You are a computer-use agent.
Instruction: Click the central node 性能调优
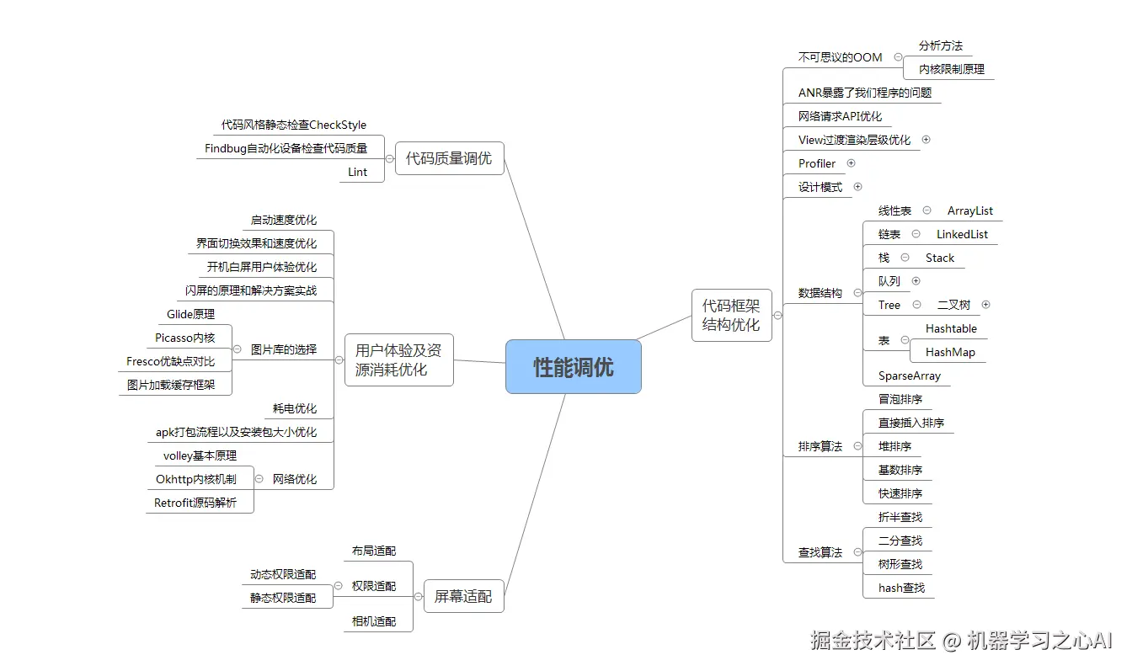[x=573, y=367]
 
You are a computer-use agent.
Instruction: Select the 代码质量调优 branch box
[x=449, y=158]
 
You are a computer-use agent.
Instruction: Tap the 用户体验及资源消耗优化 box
[x=398, y=359]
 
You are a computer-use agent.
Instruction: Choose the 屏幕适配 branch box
[x=463, y=596]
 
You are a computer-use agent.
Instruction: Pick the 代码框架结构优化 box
[x=731, y=316]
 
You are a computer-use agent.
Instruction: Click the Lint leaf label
[x=358, y=172]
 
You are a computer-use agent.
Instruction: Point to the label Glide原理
[x=190, y=314]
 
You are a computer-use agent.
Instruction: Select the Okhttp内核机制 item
[x=196, y=479]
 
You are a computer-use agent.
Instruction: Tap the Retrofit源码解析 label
[x=195, y=503]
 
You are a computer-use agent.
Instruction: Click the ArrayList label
[x=970, y=210]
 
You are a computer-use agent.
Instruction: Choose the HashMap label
[x=950, y=352]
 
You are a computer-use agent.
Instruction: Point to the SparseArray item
[x=910, y=375]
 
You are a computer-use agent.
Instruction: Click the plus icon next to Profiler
[x=851, y=163]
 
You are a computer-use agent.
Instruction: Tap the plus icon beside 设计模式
[x=857, y=187]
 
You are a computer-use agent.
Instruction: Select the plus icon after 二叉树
[x=986, y=305]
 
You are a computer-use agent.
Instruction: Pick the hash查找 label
[x=901, y=588]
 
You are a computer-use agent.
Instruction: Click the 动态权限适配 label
[x=283, y=574]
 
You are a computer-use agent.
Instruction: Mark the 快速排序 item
[x=900, y=493]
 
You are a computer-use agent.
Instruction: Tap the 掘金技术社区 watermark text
[x=873, y=641]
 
